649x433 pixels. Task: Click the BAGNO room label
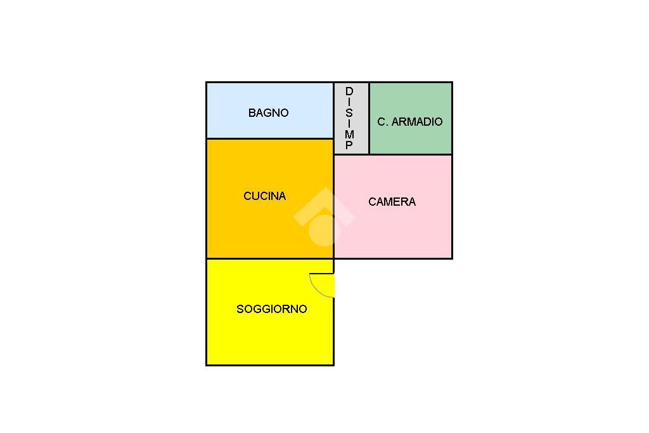pyautogui.click(x=268, y=113)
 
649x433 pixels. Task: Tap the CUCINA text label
pyautogui.click(x=265, y=196)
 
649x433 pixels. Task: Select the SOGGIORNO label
pyautogui.click(x=271, y=309)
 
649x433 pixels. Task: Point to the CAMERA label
pyautogui.click(x=392, y=202)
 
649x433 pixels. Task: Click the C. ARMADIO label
pyautogui.click(x=410, y=122)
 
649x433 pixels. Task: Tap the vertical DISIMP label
pyautogui.click(x=349, y=119)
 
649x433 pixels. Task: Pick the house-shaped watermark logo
pyautogui.click(x=324, y=216)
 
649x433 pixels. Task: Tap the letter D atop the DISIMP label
pyautogui.click(x=349, y=91)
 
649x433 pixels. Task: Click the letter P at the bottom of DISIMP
pyautogui.click(x=349, y=145)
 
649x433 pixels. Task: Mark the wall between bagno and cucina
pyautogui.click(x=269, y=138)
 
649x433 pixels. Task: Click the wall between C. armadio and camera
pyautogui.click(x=411, y=154)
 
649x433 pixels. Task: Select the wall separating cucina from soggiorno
pyautogui.click(x=269, y=258)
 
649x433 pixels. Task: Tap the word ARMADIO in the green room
pyautogui.click(x=417, y=122)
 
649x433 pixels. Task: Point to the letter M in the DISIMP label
pyautogui.click(x=349, y=135)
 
